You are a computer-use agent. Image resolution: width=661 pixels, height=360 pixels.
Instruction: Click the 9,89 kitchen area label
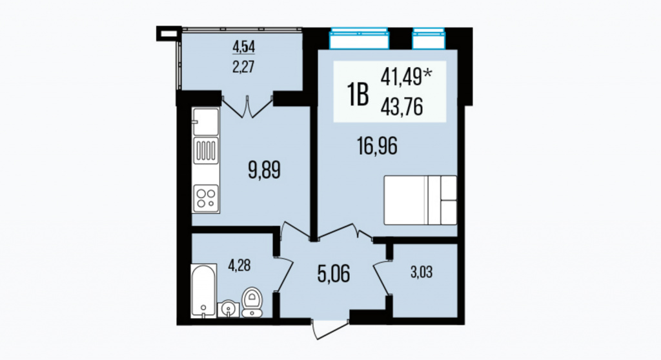click(264, 171)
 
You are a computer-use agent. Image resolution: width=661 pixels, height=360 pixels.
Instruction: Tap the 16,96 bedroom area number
click(377, 146)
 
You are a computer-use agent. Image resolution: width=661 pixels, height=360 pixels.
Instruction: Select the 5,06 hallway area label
click(334, 274)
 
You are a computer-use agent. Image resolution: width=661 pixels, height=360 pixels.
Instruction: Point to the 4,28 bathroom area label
click(239, 266)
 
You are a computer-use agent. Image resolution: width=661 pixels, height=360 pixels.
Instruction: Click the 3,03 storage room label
click(422, 272)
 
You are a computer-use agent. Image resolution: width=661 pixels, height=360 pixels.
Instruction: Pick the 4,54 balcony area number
click(243, 47)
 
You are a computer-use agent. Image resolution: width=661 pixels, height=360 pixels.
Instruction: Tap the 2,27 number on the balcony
click(243, 66)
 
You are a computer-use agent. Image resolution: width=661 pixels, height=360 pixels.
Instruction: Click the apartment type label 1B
click(358, 95)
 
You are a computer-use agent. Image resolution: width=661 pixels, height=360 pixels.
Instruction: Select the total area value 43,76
click(402, 107)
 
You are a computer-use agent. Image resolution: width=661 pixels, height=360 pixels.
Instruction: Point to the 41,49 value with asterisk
click(407, 77)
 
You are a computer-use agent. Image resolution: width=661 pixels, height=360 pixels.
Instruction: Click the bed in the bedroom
click(420, 200)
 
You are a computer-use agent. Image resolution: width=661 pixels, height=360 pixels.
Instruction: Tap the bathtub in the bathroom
click(203, 290)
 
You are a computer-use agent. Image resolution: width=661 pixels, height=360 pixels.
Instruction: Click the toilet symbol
click(252, 302)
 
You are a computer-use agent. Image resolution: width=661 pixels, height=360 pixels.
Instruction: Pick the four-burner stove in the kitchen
click(206, 199)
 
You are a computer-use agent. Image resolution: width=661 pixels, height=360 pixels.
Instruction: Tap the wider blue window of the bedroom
click(359, 39)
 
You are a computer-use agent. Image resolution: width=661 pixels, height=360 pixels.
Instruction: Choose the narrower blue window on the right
click(429, 39)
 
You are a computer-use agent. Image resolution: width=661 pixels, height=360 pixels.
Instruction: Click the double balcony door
click(247, 106)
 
